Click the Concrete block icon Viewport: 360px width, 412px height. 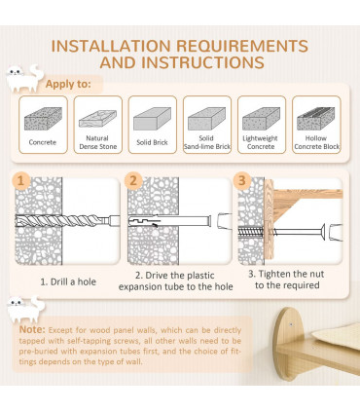click(43, 119)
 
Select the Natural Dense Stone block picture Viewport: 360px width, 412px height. click(97, 119)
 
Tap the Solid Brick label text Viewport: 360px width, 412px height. click(152, 142)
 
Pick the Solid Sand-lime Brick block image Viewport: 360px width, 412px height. click(206, 119)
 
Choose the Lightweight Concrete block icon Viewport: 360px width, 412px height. click(262, 119)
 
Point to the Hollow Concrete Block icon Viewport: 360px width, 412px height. click(316, 119)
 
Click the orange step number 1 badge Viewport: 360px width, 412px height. click(21, 180)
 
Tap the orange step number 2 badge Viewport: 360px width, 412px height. click(133, 180)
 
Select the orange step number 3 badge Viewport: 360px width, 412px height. click(242, 180)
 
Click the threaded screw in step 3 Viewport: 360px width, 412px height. click(251, 232)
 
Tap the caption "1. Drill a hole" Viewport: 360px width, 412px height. click(68, 281)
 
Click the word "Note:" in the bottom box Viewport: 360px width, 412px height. click(32, 329)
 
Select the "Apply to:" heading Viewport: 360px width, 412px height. click(68, 84)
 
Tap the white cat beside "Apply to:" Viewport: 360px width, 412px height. click(25, 78)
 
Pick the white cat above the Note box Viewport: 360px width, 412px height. click(26, 309)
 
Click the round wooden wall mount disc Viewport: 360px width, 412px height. click(286, 344)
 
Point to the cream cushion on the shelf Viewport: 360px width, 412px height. click(337, 336)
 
